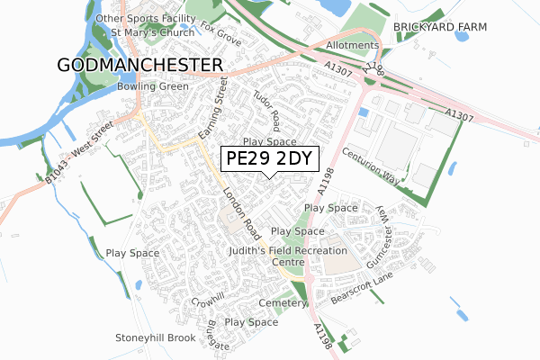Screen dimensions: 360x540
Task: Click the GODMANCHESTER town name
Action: click(x=139, y=65)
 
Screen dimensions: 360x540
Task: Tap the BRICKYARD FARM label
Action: click(x=439, y=28)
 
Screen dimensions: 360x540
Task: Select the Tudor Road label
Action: click(x=267, y=109)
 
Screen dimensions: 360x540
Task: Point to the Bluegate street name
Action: click(x=219, y=332)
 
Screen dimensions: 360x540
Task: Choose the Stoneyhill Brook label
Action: click(x=155, y=337)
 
